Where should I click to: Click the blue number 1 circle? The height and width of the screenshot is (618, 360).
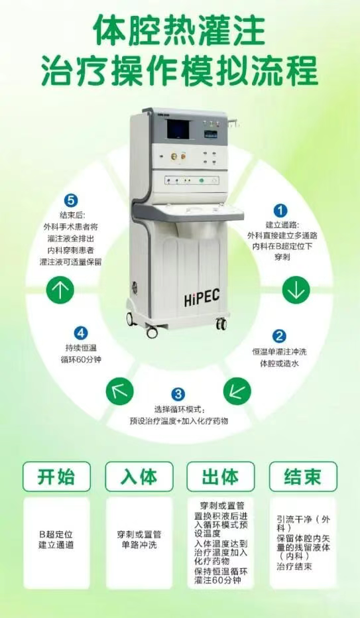[280, 210]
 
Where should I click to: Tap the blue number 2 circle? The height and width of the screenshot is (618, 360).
[279, 336]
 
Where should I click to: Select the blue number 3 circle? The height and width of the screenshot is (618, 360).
[178, 394]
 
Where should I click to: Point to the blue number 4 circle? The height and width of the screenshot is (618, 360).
[81, 333]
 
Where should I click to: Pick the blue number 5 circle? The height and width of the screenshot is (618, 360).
[70, 200]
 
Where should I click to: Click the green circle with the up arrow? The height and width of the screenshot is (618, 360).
[60, 290]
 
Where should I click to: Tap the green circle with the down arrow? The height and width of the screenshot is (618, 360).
[296, 290]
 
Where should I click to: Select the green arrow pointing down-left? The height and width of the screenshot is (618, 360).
[237, 391]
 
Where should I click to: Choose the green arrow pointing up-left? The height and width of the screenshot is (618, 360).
[120, 391]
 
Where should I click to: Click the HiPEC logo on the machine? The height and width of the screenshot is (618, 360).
[202, 297]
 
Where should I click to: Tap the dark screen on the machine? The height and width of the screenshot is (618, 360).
[178, 129]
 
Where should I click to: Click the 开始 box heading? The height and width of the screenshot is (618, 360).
[56, 477]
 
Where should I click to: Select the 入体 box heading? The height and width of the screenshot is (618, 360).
[139, 477]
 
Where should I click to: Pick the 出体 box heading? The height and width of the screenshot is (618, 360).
[221, 477]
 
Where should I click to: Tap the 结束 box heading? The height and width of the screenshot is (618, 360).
[303, 477]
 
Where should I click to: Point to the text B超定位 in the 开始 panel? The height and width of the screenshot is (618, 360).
[56, 535]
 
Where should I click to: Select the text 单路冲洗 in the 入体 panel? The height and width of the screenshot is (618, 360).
[139, 545]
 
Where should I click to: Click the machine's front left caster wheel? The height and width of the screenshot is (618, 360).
[152, 333]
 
